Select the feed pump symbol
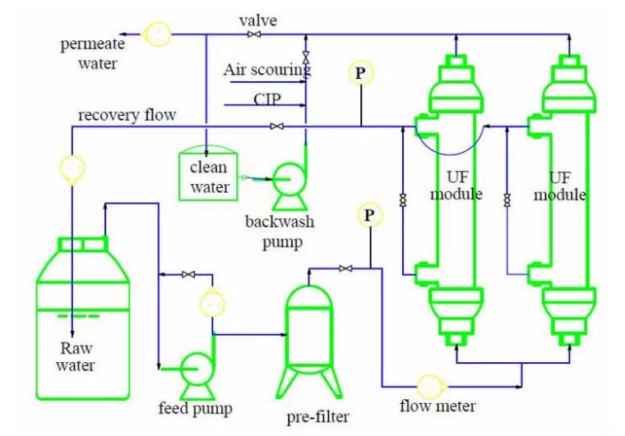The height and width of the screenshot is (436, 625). coord(197,368)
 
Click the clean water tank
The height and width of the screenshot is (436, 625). coord(211,172)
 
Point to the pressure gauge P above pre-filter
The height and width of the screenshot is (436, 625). coord(369,215)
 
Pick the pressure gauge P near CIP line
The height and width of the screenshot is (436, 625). coord(360,72)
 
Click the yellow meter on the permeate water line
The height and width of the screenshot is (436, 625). coord(155,34)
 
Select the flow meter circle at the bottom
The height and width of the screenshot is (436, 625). coord(428,386)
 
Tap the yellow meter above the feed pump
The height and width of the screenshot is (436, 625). coord(211,304)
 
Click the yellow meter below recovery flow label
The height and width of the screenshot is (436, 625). coord(72,168)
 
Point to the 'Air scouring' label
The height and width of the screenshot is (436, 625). coord(266,69)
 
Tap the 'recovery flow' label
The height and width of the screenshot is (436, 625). coord(127,115)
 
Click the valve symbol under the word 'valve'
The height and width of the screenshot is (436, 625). coord(255,34)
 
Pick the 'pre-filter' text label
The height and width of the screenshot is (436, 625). coord(318,416)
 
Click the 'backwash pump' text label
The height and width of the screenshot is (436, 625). coord(280,232)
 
